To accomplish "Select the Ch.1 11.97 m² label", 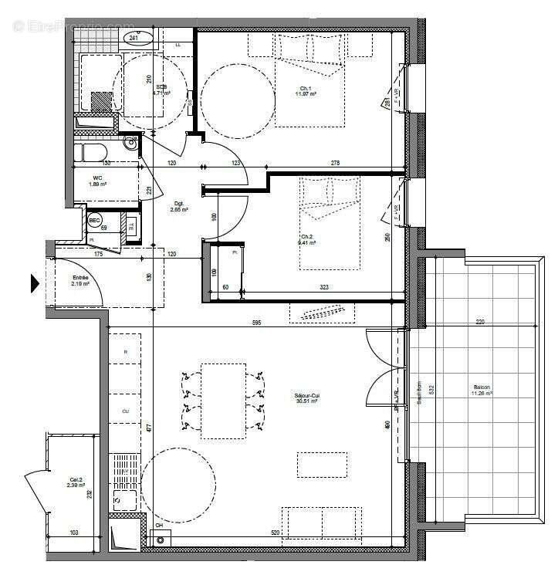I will [x=308, y=90].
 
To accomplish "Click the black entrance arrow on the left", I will [x=35, y=284].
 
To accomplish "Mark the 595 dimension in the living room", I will [x=256, y=322].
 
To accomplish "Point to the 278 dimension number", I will [x=334, y=163].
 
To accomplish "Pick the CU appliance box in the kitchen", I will [x=125, y=411].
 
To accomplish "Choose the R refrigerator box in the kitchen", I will [x=125, y=351].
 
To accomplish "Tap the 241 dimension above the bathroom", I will [x=134, y=38].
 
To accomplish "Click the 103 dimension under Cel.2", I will [x=74, y=533].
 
